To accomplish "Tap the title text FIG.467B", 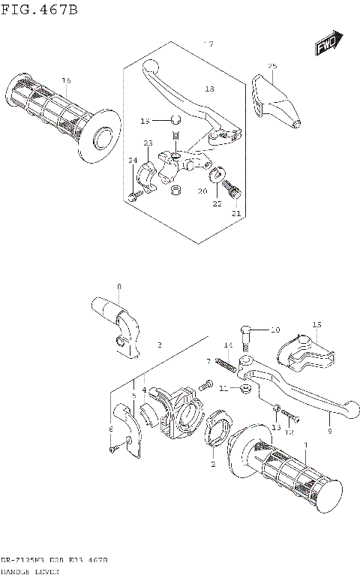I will [39, 9].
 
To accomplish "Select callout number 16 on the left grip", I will [66, 80].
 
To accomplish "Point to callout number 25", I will [272, 66].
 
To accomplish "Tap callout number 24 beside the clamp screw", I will [132, 160].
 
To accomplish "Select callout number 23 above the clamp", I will [148, 143].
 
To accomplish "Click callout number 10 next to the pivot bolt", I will [274, 330].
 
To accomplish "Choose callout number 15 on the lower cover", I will [316, 325].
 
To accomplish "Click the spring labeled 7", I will [226, 365].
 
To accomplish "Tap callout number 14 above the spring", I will [228, 345].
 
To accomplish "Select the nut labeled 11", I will [244, 389].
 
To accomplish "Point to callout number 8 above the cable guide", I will [118, 287].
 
